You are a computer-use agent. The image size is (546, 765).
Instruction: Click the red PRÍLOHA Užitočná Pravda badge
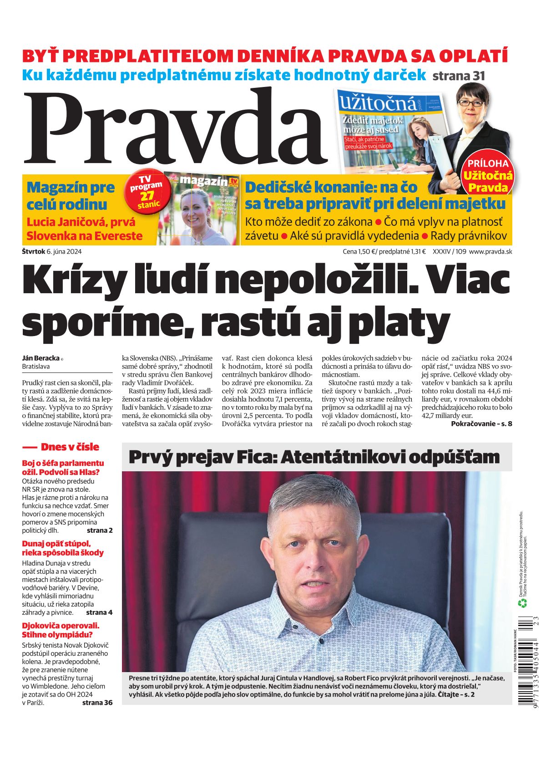(x=487, y=176)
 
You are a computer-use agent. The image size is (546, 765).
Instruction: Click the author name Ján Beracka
(x=41, y=358)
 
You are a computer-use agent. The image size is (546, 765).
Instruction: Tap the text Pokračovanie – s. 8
(x=481, y=423)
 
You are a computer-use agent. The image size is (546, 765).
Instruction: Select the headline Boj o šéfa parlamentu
(x=63, y=463)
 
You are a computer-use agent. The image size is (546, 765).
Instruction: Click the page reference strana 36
(x=97, y=702)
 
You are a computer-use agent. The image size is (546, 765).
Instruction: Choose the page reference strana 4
(x=99, y=612)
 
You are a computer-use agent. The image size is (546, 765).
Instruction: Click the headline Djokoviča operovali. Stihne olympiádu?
(x=61, y=630)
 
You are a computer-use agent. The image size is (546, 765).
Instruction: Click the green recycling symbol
(x=522, y=603)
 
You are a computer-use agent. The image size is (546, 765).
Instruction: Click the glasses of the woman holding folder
(x=470, y=103)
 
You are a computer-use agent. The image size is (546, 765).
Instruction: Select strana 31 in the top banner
(x=458, y=76)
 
